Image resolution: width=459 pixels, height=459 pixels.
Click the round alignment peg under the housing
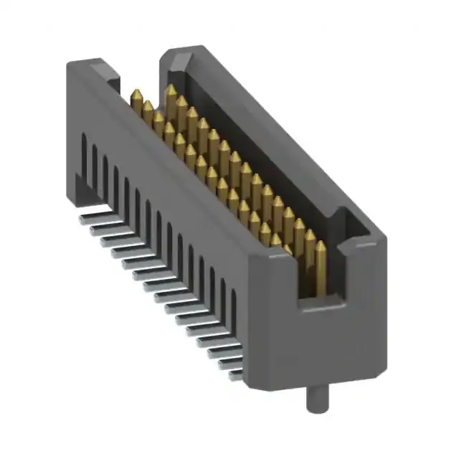[x=313, y=399]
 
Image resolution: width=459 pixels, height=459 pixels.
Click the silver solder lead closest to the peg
[x=231, y=372]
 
